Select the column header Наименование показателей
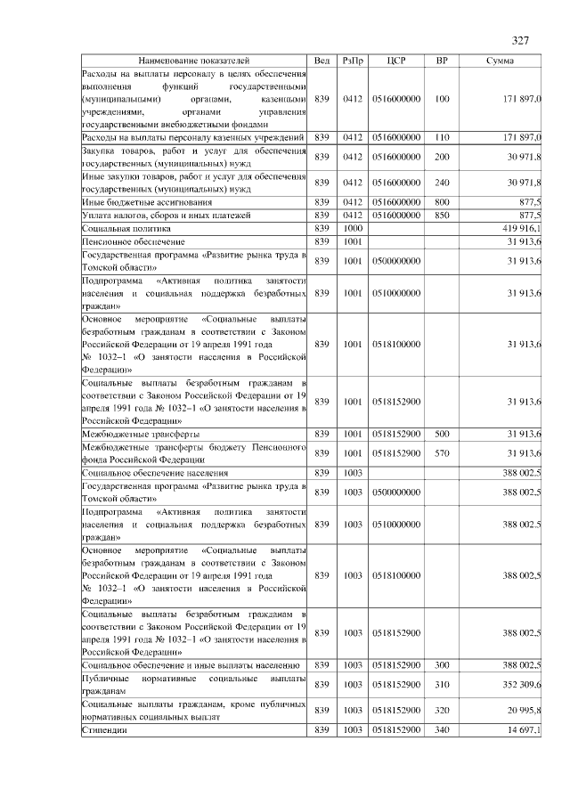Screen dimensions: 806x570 pyautogui.click(x=194, y=61)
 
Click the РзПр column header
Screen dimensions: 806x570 pyautogui.click(x=352, y=61)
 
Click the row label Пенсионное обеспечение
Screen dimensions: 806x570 pyautogui.click(x=121, y=241)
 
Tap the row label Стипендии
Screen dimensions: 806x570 pyautogui.click(x=103, y=730)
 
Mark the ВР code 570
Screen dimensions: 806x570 pyautogui.click(x=441, y=453)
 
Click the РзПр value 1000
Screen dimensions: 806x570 pyautogui.click(x=352, y=229)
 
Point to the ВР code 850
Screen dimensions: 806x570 pyautogui.click(x=441, y=216)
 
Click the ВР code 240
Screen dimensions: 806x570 pyautogui.click(x=441, y=183)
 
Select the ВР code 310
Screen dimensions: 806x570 pyautogui.click(x=441, y=684)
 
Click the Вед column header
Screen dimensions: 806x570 pyautogui.click(x=322, y=61)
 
